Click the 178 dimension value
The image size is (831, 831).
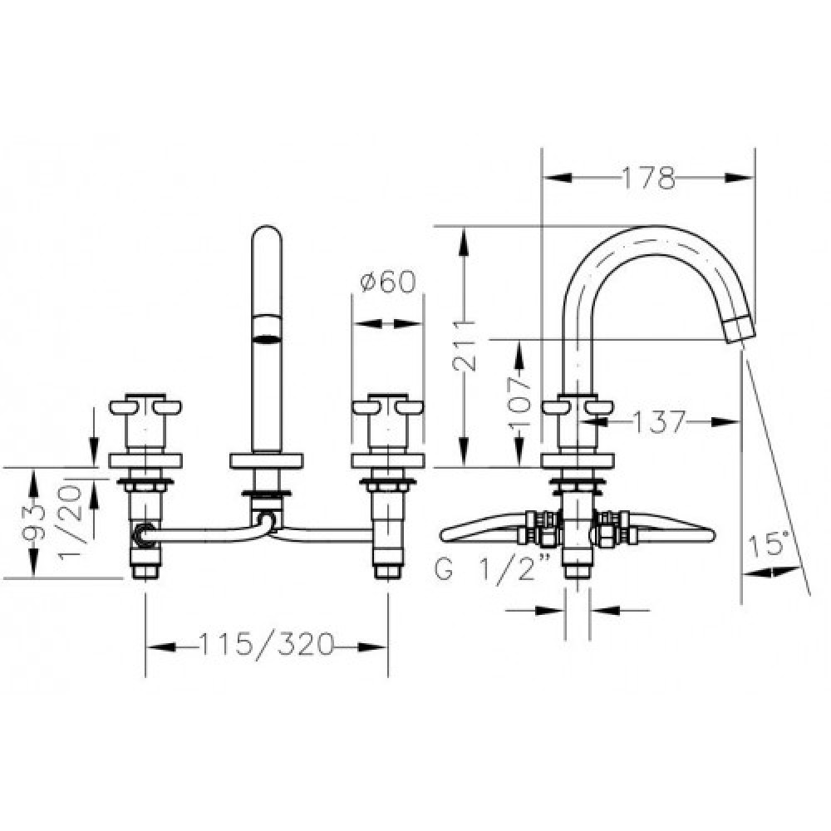649,178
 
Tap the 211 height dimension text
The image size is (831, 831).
465,346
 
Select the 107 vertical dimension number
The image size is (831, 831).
519,401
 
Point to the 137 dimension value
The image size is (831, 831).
659,422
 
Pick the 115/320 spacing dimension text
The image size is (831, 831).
267,645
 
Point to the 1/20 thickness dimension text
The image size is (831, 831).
70,523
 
